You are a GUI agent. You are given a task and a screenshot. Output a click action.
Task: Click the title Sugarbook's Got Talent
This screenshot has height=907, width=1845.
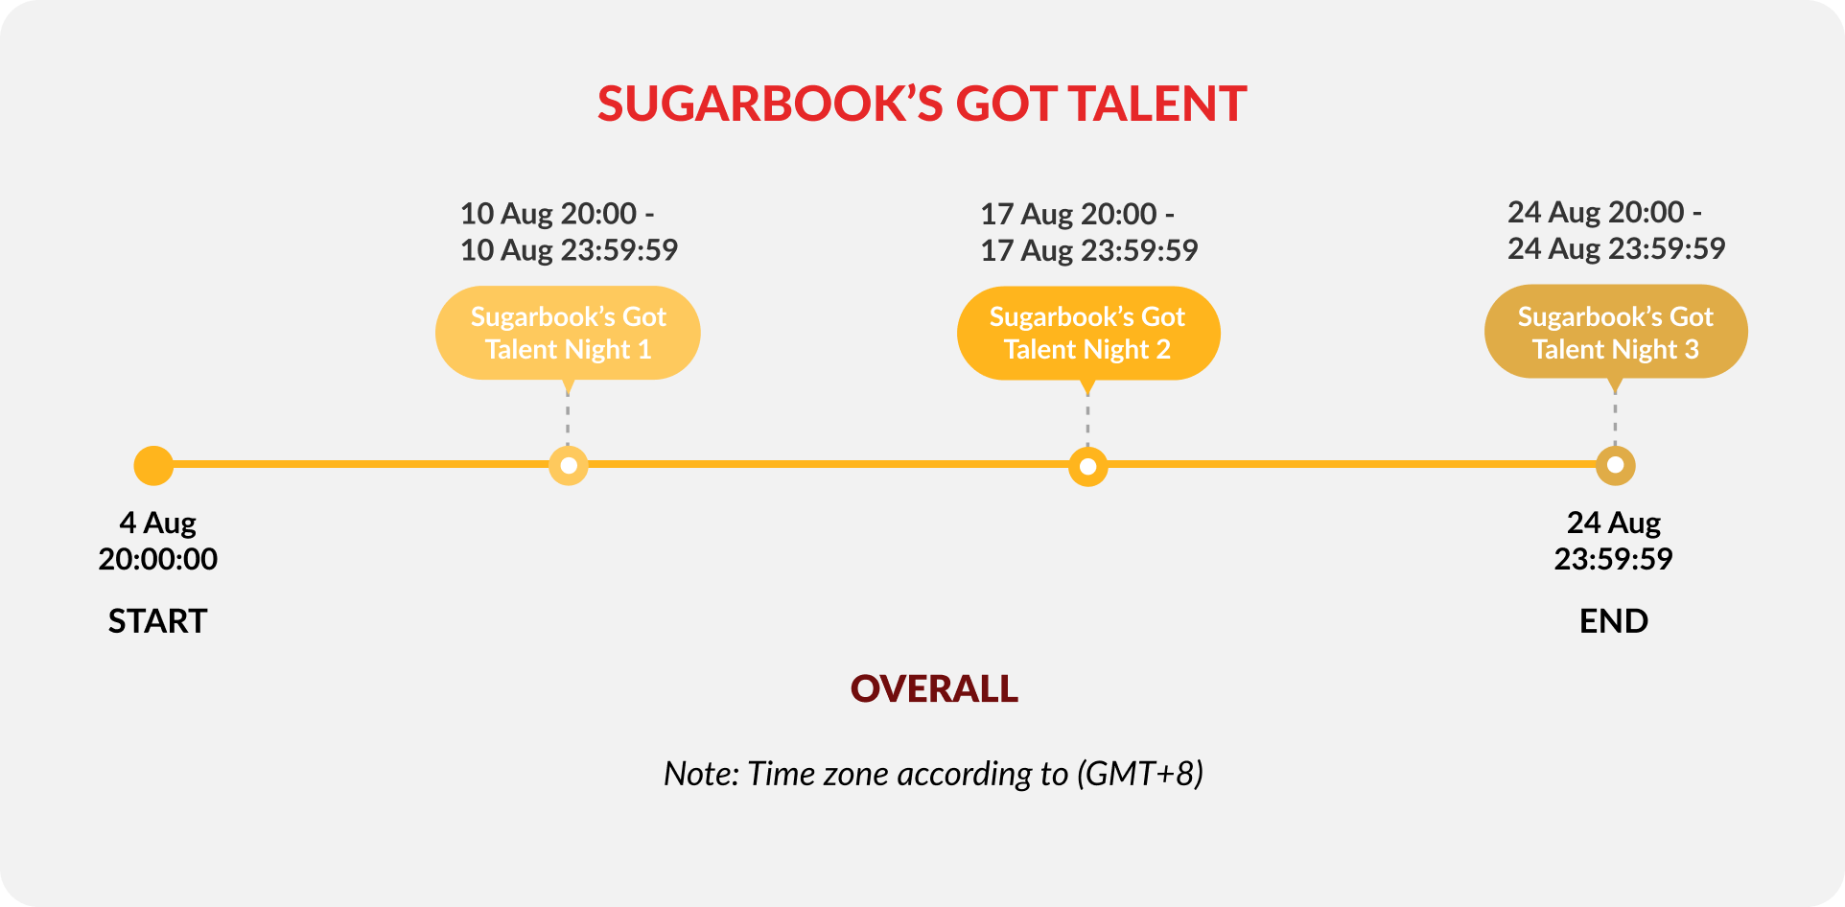(x=922, y=104)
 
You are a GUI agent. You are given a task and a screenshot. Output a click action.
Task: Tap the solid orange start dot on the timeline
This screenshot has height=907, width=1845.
(x=153, y=466)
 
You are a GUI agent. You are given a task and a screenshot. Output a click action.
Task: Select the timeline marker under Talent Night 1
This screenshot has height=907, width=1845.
(x=569, y=466)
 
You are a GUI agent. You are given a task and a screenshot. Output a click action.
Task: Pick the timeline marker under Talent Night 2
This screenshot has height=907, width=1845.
(x=1087, y=467)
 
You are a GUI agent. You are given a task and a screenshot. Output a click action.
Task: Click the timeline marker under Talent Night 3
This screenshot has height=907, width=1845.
(x=1615, y=466)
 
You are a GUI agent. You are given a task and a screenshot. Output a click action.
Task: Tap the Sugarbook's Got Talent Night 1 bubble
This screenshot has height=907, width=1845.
(x=568, y=333)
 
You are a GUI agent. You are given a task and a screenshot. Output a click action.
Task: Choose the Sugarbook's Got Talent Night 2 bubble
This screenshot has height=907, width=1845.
(x=1088, y=334)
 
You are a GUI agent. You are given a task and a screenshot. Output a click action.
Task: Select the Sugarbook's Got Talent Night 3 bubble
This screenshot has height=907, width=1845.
(x=1616, y=332)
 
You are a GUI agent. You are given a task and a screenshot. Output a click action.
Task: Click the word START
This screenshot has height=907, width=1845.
(x=157, y=621)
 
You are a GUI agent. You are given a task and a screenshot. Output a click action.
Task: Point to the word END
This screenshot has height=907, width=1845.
(x=1614, y=621)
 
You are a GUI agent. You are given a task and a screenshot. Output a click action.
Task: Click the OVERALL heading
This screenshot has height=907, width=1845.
(x=934, y=688)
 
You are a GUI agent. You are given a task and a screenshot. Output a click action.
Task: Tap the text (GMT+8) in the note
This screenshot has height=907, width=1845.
(x=1140, y=774)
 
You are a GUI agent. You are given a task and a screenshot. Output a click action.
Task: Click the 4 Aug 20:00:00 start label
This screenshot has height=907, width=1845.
(x=158, y=541)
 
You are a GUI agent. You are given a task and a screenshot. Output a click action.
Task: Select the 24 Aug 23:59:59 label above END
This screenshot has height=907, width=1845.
(x=1614, y=541)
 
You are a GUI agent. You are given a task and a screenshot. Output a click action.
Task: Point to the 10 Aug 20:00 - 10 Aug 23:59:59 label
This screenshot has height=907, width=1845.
(x=569, y=232)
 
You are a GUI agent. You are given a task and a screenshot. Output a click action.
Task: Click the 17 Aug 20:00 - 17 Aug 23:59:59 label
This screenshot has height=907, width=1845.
(x=1088, y=232)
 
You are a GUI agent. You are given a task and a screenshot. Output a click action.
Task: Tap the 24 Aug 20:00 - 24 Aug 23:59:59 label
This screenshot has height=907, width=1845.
(x=1616, y=230)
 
